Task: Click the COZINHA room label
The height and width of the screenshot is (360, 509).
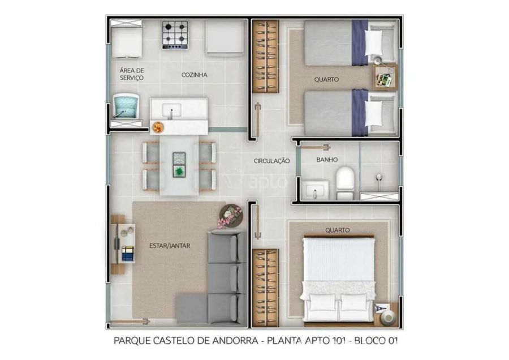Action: coord(194,75)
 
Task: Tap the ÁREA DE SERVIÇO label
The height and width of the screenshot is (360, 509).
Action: coord(131,74)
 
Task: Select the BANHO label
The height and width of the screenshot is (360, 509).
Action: coord(327,160)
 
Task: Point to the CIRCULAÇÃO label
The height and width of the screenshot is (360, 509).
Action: coord(271,161)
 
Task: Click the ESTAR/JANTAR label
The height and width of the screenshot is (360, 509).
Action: coord(170,246)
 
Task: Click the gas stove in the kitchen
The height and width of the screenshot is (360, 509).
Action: coord(175,35)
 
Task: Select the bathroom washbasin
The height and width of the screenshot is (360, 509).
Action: coord(315,190)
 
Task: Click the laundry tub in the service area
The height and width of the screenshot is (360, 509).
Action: coord(126,106)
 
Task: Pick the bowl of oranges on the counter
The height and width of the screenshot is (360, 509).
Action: coord(157,127)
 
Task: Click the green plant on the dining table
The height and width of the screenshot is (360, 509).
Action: coord(179,172)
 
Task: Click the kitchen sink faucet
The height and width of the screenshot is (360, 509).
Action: coord(171,113)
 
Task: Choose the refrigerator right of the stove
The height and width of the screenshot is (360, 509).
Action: coord(225,38)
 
